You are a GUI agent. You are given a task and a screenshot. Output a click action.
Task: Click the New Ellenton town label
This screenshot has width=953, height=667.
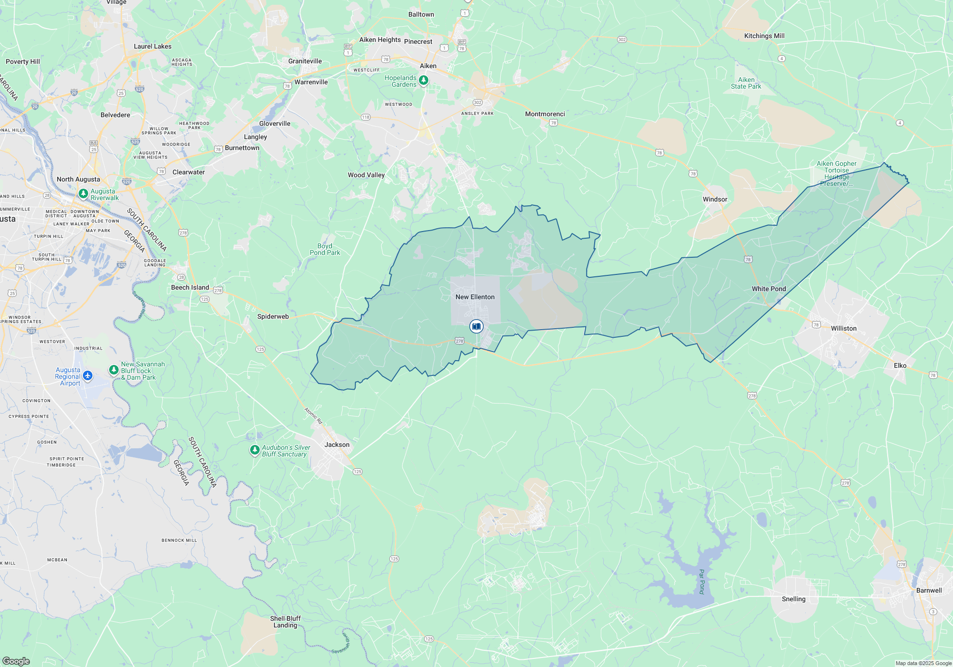pyautogui.click(x=475, y=297)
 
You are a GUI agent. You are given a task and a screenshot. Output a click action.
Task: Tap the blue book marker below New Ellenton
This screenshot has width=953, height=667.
pyautogui.click(x=476, y=326)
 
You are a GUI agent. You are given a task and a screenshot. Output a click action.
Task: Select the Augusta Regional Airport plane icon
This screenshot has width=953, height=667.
pyautogui.click(x=88, y=376)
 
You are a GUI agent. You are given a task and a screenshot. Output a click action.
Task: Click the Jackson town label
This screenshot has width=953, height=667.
pyautogui.click(x=337, y=445)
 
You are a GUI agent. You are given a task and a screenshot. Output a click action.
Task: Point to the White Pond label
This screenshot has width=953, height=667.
pyautogui.click(x=769, y=289)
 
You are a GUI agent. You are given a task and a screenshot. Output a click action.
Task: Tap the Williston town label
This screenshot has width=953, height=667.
pyautogui.click(x=843, y=328)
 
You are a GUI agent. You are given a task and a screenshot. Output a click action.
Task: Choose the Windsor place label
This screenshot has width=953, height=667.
pyautogui.click(x=715, y=199)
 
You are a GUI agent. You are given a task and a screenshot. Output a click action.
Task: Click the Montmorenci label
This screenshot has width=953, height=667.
pyautogui.click(x=545, y=114)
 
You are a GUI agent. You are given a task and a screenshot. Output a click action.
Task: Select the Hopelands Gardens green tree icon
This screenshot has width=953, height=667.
pyautogui.click(x=423, y=80)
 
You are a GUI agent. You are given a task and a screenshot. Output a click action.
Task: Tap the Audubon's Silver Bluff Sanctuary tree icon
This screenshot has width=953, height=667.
pyautogui.click(x=255, y=450)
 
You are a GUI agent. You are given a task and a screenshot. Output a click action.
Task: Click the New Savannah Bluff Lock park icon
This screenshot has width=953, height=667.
pyautogui.click(x=114, y=370)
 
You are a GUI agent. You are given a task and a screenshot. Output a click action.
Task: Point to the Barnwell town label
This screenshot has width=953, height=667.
pyautogui.click(x=929, y=590)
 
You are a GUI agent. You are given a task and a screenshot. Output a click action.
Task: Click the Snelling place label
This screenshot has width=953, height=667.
pyautogui.click(x=793, y=599)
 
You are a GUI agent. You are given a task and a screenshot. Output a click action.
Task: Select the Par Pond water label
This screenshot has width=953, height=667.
pyautogui.click(x=701, y=581)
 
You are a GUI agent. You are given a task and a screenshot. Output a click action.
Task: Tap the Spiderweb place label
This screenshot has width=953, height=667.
pyautogui.click(x=273, y=316)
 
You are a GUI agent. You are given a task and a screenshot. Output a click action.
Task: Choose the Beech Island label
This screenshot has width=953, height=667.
pyautogui.click(x=190, y=287)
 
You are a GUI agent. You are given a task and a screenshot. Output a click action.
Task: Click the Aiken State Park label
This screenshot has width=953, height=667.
pyautogui.click(x=746, y=83)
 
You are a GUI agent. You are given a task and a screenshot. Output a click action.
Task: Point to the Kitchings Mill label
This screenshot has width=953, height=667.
pyautogui.click(x=764, y=36)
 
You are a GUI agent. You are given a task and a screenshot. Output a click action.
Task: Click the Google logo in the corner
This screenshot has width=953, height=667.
pyautogui.click(x=16, y=661)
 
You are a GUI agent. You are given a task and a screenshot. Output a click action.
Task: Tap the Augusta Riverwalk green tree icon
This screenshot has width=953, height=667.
pyautogui.click(x=83, y=193)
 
